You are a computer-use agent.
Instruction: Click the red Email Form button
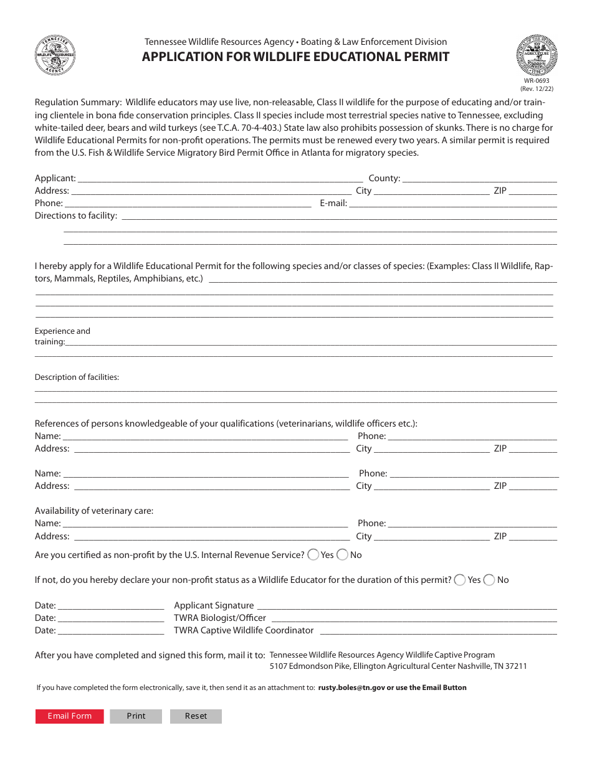pyautogui.click(x=70, y=716)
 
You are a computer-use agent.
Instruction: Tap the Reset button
pyautogui.click(x=196, y=716)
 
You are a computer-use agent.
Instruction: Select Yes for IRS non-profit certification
pyautogui.click(x=313, y=555)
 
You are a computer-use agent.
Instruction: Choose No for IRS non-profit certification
pyautogui.click(x=343, y=555)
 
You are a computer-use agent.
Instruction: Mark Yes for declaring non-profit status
pyautogui.click(x=460, y=580)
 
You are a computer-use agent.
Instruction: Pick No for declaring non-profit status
pyautogui.click(x=489, y=580)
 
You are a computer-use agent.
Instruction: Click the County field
pyautogui.click(x=480, y=178)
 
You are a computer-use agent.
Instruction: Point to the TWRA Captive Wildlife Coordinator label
pyautogui.click(x=244, y=630)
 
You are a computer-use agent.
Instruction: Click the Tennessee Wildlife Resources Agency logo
pyautogui.click(x=55, y=55)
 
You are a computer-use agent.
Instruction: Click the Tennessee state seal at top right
pyautogui.click(x=537, y=54)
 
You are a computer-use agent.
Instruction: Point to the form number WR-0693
pyautogui.click(x=537, y=81)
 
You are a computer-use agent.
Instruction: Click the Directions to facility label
pyautogui.click(x=76, y=215)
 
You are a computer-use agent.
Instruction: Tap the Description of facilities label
pyautogui.click(x=77, y=377)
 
